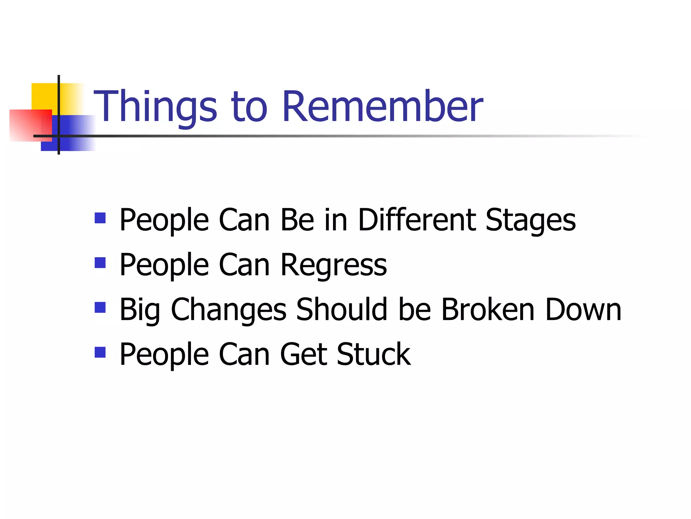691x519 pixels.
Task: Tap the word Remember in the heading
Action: pos(383,106)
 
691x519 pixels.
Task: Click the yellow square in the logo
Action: pos(44,96)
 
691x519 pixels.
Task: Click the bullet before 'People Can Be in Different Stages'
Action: pos(100,218)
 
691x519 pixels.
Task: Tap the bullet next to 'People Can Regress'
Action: pos(100,263)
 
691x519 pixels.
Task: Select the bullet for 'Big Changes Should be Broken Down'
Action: pos(100,307)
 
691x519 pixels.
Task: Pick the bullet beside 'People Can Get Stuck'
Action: pos(100,352)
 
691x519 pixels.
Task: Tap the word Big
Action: pos(139,310)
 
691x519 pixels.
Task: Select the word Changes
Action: pos(229,310)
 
